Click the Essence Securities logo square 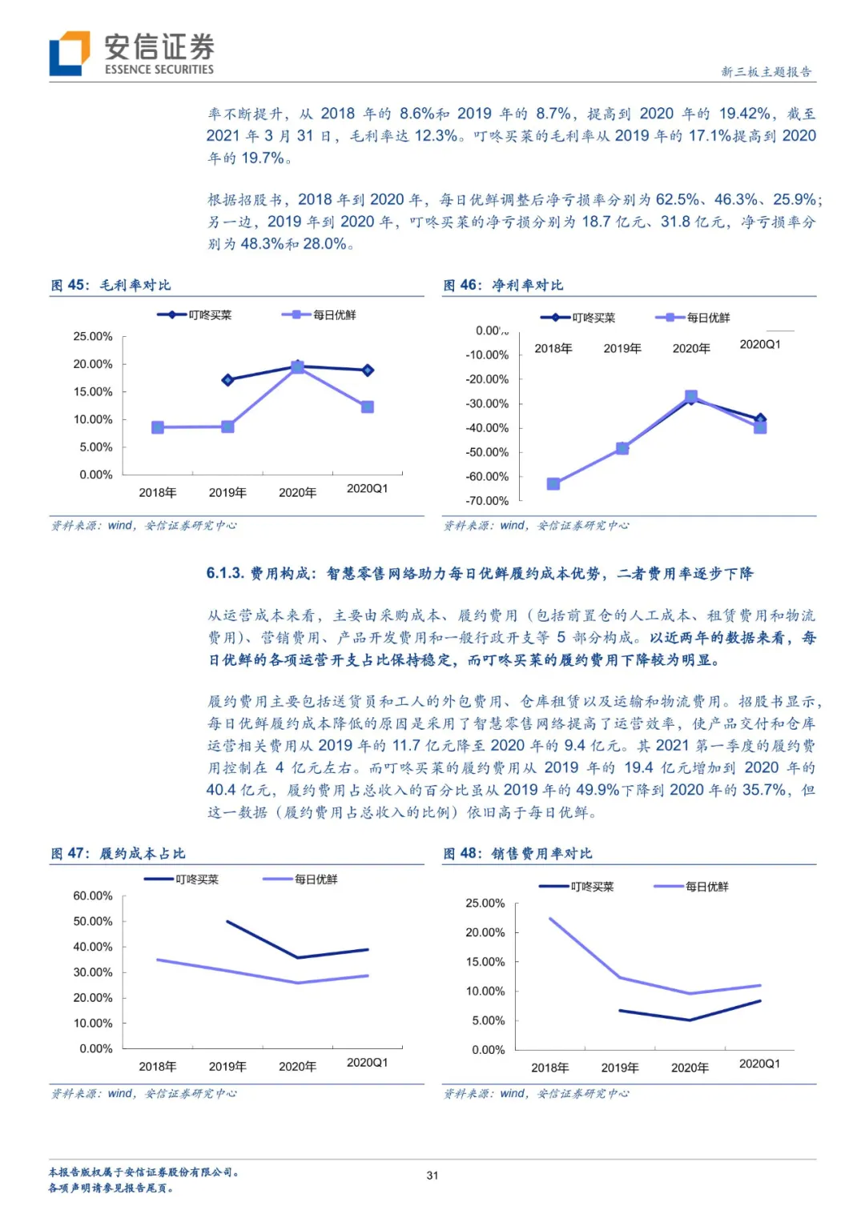click(x=70, y=53)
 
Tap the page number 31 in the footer click(x=432, y=1175)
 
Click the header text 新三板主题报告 click(x=766, y=71)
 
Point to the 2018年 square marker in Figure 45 click(x=158, y=427)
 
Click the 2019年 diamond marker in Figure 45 click(x=227, y=379)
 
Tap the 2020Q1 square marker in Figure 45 click(x=368, y=407)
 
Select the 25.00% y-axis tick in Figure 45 click(x=93, y=336)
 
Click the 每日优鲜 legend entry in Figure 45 click(x=319, y=315)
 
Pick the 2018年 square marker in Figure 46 click(x=553, y=484)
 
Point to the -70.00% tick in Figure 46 click(x=487, y=501)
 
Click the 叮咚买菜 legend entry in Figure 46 click(x=577, y=318)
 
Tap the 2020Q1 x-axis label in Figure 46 click(x=760, y=344)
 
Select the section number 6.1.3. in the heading click(x=225, y=573)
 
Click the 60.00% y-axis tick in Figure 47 click(x=93, y=895)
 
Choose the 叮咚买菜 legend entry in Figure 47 click(x=181, y=879)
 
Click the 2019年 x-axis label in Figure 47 click(x=227, y=1067)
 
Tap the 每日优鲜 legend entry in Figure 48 click(x=691, y=887)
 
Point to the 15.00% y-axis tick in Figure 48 click(x=485, y=963)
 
